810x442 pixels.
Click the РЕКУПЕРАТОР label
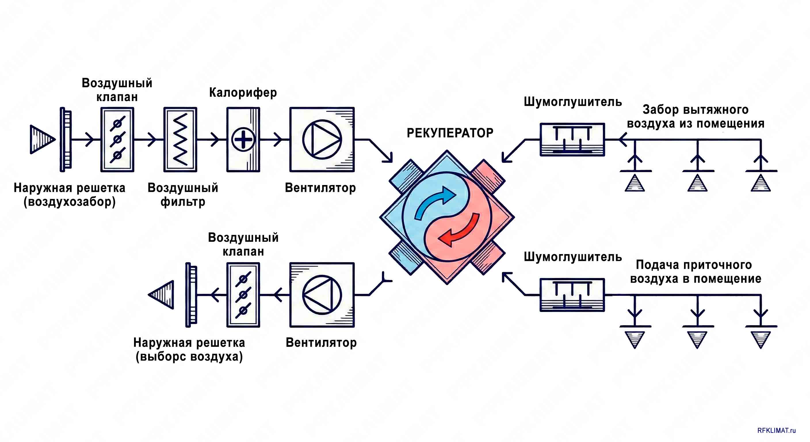point(450,133)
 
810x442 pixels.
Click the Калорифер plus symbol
point(243,139)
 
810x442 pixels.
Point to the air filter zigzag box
point(180,139)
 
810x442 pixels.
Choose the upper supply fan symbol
point(322,139)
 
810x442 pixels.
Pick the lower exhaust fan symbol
point(322,295)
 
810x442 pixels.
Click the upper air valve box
point(117,139)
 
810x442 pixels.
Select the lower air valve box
point(243,295)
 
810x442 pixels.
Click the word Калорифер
point(243,93)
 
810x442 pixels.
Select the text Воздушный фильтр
point(183,195)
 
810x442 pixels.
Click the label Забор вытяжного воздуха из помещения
point(696,116)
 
